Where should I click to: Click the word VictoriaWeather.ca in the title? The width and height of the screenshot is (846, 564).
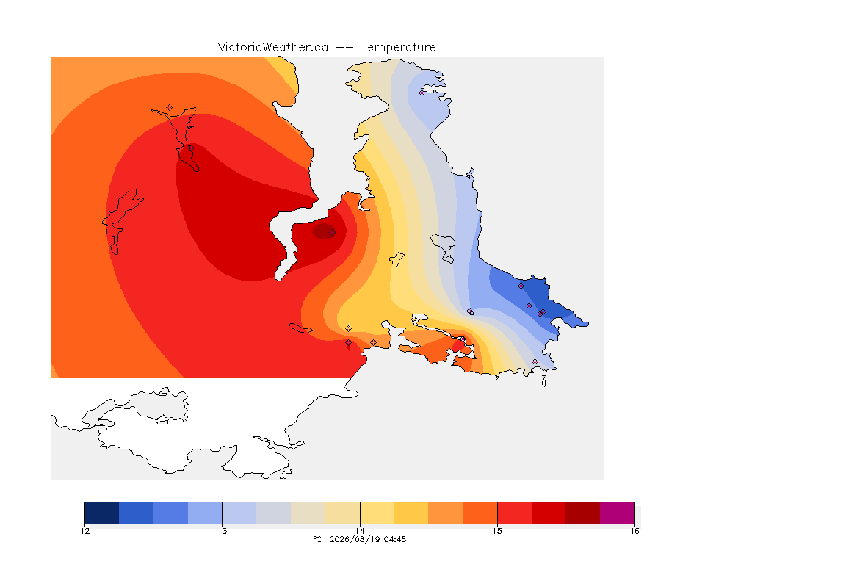tap(273, 48)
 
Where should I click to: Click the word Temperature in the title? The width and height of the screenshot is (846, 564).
tap(398, 48)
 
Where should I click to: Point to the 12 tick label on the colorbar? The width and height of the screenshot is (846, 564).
tap(84, 531)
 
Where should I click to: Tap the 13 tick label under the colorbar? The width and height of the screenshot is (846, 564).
tap(223, 531)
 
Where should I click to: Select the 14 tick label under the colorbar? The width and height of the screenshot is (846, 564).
tap(360, 531)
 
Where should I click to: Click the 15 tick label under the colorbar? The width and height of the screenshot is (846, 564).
tap(497, 531)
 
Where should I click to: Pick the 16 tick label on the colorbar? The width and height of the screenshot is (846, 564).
tap(634, 531)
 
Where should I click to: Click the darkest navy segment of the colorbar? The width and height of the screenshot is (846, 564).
tap(102, 513)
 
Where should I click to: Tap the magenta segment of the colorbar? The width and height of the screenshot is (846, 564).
tap(617, 513)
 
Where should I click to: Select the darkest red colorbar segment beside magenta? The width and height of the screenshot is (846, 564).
tap(582, 513)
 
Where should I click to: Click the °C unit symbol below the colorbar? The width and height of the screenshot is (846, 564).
tap(318, 539)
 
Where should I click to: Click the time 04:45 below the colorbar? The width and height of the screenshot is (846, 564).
tap(395, 539)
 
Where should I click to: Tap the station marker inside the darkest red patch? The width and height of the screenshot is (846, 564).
tap(333, 233)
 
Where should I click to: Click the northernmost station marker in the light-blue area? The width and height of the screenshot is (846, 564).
tap(422, 93)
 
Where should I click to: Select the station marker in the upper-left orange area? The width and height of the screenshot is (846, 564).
tap(170, 108)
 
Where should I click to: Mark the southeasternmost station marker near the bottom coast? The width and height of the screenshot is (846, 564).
tap(535, 361)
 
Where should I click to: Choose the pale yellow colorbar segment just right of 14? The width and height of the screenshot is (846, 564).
tap(377, 513)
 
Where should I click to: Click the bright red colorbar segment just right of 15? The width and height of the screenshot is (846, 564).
tap(514, 513)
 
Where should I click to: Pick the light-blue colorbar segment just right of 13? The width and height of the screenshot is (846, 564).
tap(239, 513)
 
